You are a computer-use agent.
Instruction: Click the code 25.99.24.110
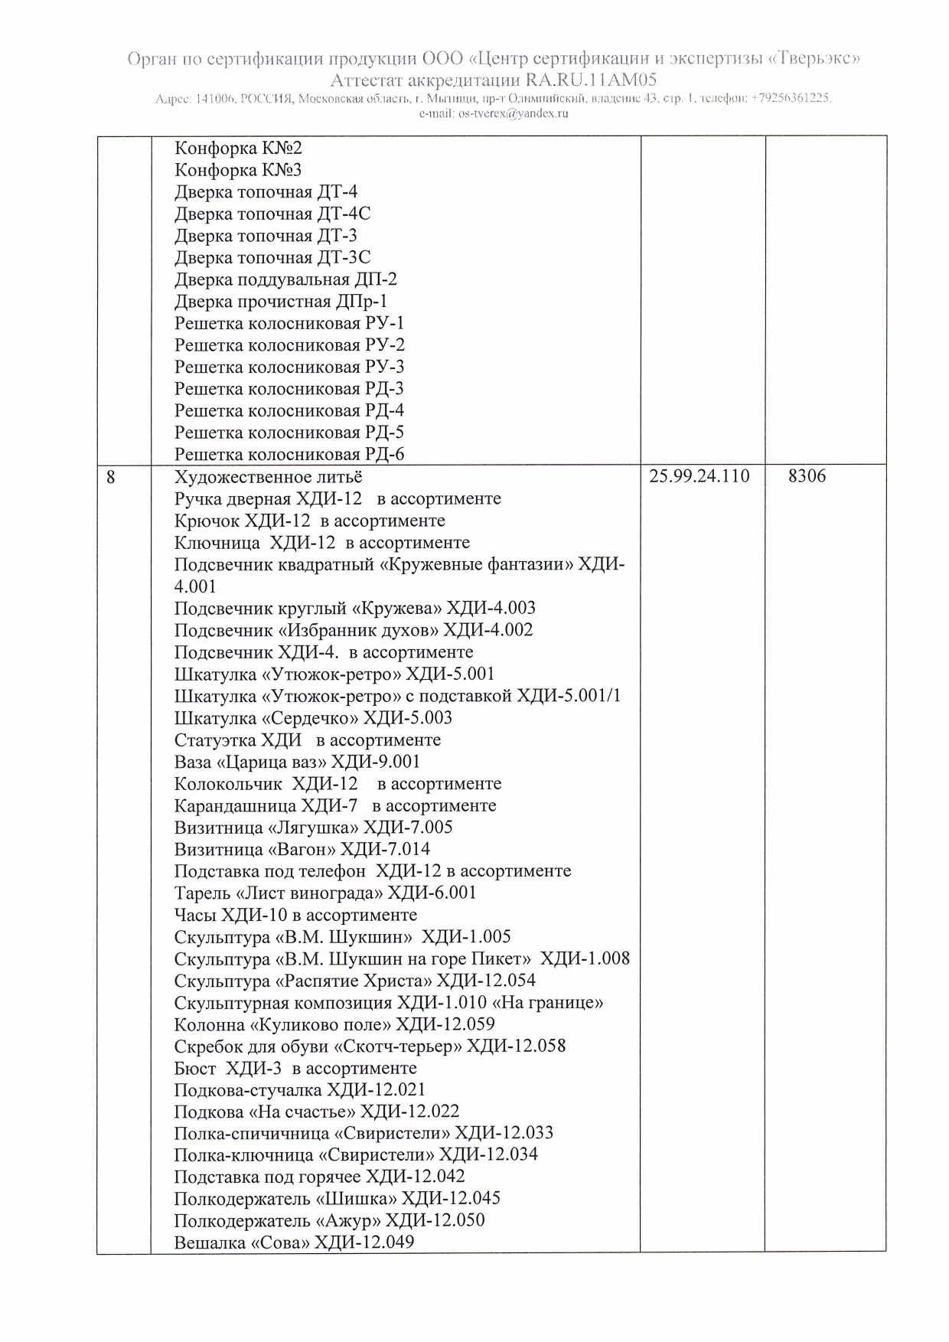[x=699, y=476]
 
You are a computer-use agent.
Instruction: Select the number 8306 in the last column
[x=807, y=476]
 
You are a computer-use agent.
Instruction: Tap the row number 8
[x=111, y=477]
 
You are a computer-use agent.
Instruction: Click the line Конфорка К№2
[x=238, y=148]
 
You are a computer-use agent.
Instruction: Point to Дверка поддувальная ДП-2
[x=285, y=279]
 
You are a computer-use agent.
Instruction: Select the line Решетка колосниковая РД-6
[x=289, y=455]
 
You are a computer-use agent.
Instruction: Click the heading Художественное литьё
[x=268, y=477]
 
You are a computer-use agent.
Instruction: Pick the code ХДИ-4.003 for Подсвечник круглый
[x=491, y=609]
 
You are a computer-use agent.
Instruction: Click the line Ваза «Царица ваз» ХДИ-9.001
[x=297, y=762]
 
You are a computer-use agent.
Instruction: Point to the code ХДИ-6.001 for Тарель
[x=432, y=893]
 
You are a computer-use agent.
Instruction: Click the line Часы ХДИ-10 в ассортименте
[x=295, y=915]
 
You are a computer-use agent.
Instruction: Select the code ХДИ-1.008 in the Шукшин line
[x=585, y=958]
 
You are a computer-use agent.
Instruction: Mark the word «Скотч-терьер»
[x=397, y=1046]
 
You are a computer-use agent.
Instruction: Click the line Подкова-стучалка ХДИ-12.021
[x=299, y=1090]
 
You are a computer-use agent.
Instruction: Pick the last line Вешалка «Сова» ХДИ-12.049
[x=294, y=1242]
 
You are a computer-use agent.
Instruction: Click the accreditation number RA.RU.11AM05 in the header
[x=590, y=80]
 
